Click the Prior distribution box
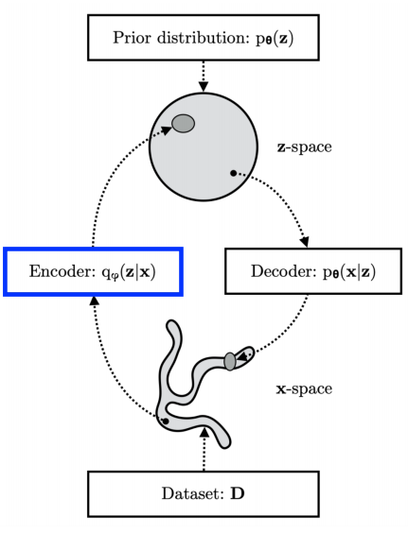click(x=203, y=40)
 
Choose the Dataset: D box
click(x=204, y=494)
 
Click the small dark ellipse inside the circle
click(x=183, y=124)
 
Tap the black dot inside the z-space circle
click(x=232, y=173)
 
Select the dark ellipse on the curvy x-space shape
click(x=229, y=361)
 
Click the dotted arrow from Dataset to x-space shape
click(x=204, y=453)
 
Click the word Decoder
click(x=264, y=271)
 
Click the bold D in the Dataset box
click(x=231, y=494)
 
